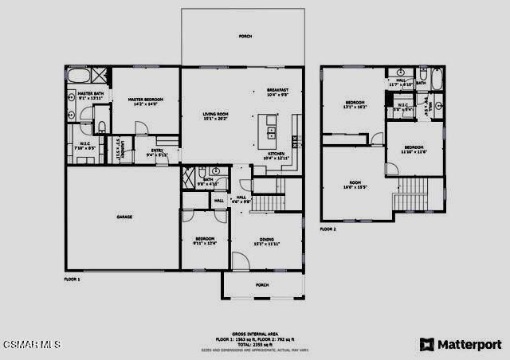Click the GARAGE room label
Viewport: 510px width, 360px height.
click(x=124, y=217)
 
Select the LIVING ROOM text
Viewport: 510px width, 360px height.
click(x=215, y=115)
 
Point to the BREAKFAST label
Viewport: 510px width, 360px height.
click(x=277, y=91)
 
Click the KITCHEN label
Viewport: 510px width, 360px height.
click(x=275, y=155)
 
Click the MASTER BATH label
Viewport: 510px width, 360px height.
click(x=90, y=95)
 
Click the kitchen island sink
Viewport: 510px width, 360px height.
click(x=271, y=131)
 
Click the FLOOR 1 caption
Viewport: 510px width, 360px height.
click(x=73, y=280)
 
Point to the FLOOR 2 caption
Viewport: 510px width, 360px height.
click(x=328, y=229)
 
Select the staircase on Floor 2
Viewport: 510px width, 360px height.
click(x=414, y=192)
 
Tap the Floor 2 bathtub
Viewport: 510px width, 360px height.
click(x=422, y=78)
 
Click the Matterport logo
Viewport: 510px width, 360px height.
click(x=460, y=344)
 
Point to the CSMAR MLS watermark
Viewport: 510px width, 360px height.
click(x=32, y=345)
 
